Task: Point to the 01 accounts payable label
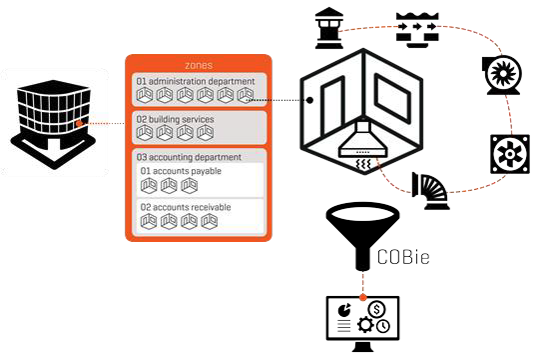pos(181,171)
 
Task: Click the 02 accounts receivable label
pos(186,207)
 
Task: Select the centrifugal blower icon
pos(500,75)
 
